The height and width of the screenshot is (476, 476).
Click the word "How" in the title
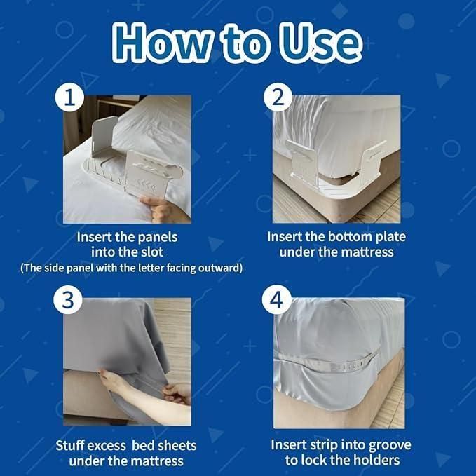tap(162, 43)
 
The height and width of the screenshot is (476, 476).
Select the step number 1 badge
tap(68, 98)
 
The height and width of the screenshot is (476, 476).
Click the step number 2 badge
tap(278, 98)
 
